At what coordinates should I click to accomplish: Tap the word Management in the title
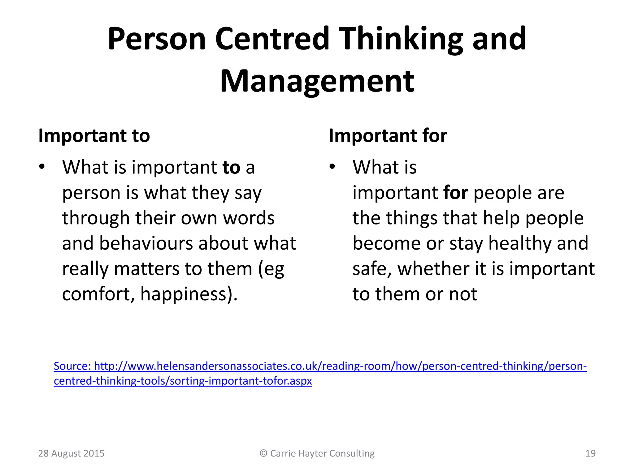pyautogui.click(x=317, y=81)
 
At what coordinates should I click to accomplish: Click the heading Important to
pyautogui.click(x=94, y=135)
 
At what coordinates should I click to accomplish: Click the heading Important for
pyautogui.click(x=388, y=135)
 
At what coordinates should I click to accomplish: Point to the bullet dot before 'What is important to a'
pyautogui.click(x=42, y=167)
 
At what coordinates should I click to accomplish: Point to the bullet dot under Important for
pyautogui.click(x=332, y=167)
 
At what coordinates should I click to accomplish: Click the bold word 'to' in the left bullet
pyautogui.click(x=231, y=167)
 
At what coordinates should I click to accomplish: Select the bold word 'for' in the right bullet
pyautogui.click(x=455, y=193)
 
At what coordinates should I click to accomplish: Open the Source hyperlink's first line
pyautogui.click(x=320, y=366)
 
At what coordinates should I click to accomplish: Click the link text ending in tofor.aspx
pyautogui.click(x=183, y=381)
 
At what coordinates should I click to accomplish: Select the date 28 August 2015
pyautogui.click(x=71, y=453)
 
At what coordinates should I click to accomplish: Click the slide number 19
pyautogui.click(x=590, y=453)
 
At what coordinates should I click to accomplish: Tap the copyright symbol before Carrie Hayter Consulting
pyautogui.click(x=263, y=453)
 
